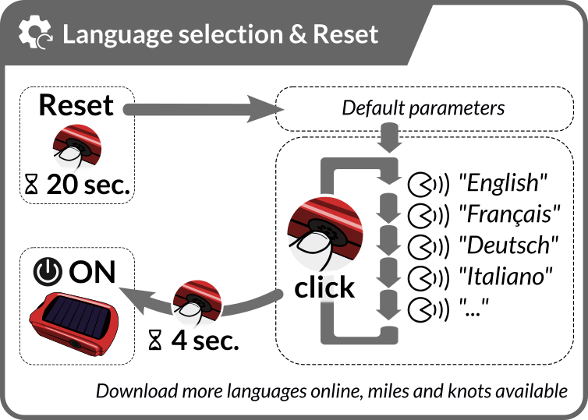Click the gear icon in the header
[34, 32]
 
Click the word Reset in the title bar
[345, 34]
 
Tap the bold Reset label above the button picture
[76, 105]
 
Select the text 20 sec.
[88, 185]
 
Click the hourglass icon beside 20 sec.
[31, 185]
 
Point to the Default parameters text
[423, 108]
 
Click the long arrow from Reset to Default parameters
[203, 109]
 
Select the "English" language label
[503, 183]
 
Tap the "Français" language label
[509, 215]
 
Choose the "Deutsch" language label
[508, 245]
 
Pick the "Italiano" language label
[506, 277]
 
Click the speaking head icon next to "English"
[428, 185]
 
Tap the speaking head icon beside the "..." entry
[428, 309]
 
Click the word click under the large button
[324, 288]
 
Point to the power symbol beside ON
[48, 272]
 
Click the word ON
[92, 272]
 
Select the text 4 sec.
[205, 341]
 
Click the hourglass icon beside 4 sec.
[155, 340]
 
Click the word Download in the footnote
[136, 391]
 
